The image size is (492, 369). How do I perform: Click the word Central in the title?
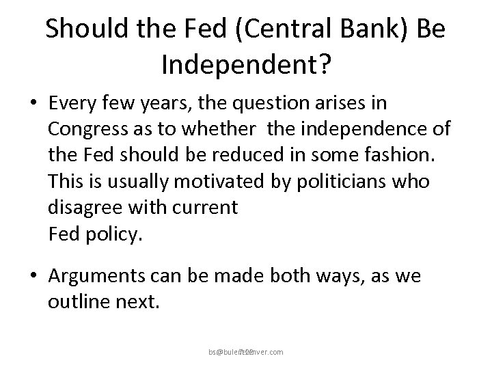pos(263,29)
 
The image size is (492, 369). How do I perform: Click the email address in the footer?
pos(245,352)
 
